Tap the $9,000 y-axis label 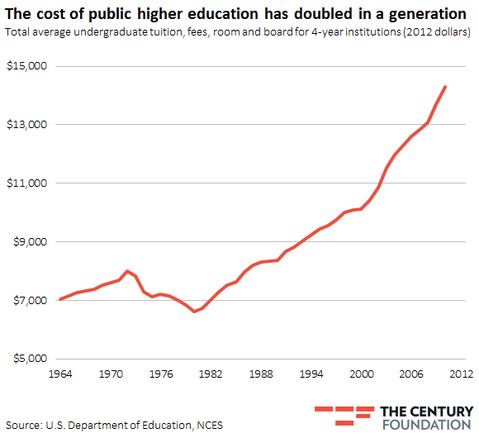coord(27,242)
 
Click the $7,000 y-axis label coord(27,301)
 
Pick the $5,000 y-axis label coord(27,359)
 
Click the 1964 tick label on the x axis coord(60,374)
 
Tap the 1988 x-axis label coord(261,374)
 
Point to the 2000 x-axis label coord(361,374)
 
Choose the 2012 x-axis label coord(460,374)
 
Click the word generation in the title coord(424,14)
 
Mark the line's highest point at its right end coord(446,86)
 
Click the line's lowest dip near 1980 coord(193,312)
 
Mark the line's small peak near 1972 coord(127,270)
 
